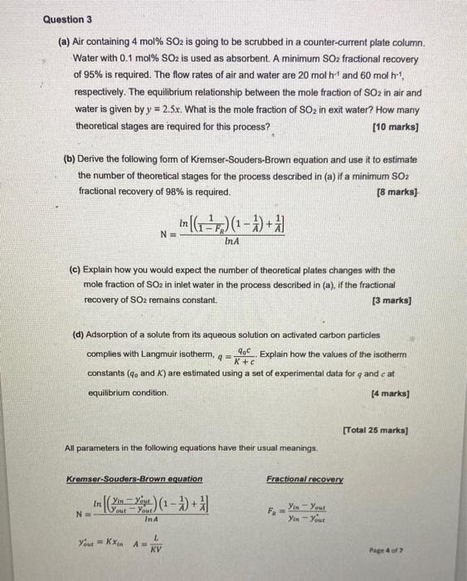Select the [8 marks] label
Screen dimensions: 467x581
pos(400,191)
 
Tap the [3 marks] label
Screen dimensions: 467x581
pos(400,299)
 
